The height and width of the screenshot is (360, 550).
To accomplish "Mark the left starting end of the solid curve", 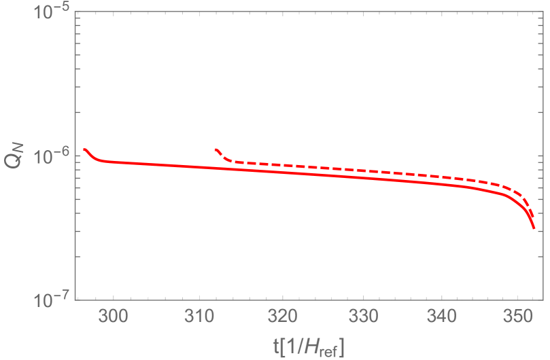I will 84,149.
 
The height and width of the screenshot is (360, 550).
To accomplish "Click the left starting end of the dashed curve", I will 216,149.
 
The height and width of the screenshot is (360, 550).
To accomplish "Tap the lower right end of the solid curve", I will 534,228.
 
